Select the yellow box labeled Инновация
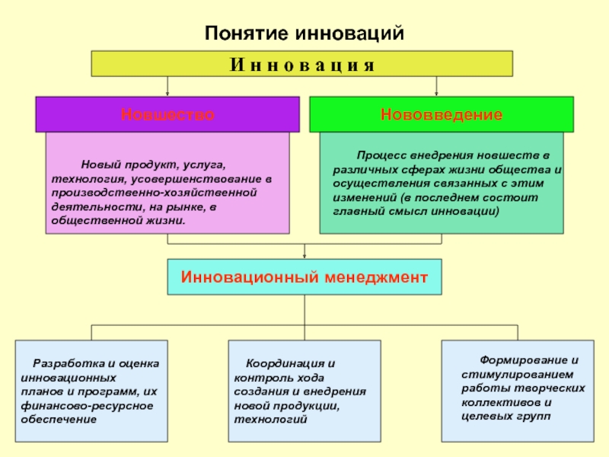click(301, 63)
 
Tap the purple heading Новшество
click(167, 115)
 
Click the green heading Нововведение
click(442, 115)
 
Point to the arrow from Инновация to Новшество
click(167, 86)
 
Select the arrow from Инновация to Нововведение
click(436, 86)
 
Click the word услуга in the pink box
click(204, 165)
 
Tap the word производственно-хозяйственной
click(155, 193)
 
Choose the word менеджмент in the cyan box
click(376, 277)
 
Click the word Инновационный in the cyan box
click(250, 277)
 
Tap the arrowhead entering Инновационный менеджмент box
click(304, 257)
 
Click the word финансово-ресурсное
click(87, 406)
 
